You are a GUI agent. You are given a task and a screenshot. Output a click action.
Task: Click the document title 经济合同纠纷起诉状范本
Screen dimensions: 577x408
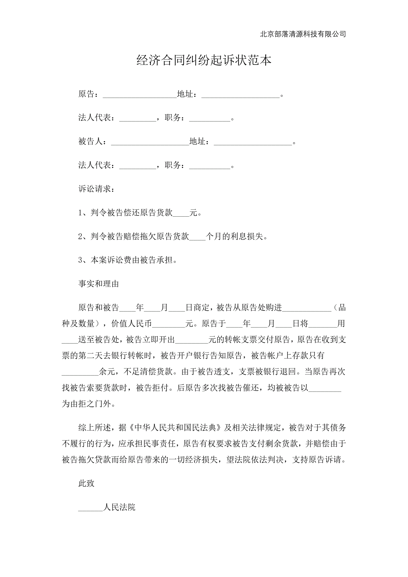point(204,60)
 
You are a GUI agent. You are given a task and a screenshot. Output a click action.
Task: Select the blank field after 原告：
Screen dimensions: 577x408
point(140,95)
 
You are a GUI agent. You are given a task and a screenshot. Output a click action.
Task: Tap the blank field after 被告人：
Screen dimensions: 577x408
point(150,142)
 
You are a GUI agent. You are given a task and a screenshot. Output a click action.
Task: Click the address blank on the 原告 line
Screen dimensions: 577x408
point(240,95)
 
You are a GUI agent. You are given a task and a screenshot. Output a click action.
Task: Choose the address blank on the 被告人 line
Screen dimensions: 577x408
point(253,142)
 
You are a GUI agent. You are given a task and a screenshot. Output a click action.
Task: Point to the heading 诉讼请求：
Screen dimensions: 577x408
point(96,189)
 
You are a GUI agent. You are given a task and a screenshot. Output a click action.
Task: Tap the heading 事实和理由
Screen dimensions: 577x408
point(99,284)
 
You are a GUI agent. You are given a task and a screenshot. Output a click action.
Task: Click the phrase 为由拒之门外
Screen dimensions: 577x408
point(86,404)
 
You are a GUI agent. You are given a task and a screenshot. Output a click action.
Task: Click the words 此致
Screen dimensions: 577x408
point(86,483)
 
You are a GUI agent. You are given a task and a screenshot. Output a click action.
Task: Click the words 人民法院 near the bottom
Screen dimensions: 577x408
point(119,507)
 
